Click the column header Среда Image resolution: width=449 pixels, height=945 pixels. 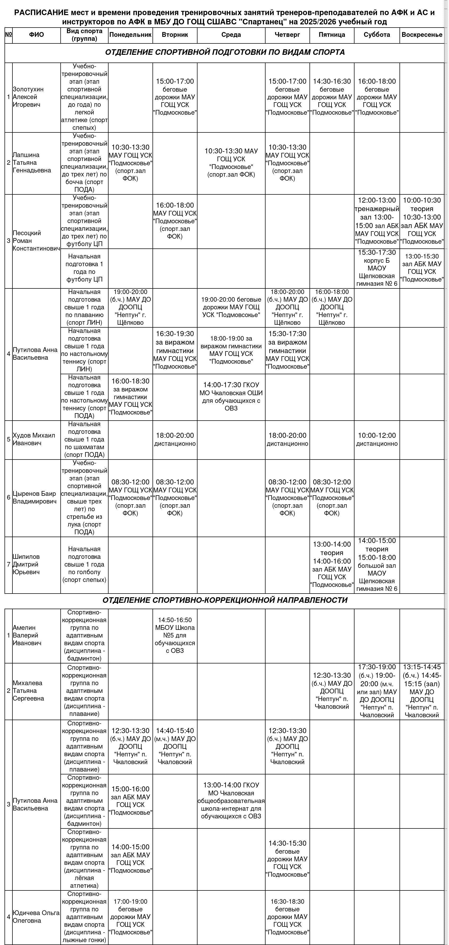click(x=231, y=35)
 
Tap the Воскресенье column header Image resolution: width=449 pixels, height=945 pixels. click(x=422, y=35)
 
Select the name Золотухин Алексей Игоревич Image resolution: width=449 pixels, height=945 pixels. click(x=29, y=97)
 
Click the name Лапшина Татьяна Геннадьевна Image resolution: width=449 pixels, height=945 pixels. click(x=32, y=163)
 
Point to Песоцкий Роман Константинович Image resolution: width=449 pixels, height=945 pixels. click(x=36, y=241)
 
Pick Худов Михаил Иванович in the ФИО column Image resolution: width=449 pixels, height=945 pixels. click(x=34, y=439)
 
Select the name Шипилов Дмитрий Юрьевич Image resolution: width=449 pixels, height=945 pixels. click(x=26, y=564)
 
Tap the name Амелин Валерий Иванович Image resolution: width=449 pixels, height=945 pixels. click(x=27, y=635)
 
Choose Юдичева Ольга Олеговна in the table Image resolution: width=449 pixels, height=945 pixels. click(x=31, y=916)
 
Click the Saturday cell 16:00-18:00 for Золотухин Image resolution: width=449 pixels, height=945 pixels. click(x=377, y=97)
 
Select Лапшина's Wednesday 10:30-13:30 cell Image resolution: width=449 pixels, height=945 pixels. click(x=231, y=163)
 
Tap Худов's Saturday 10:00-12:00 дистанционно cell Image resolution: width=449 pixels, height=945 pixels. click(x=377, y=439)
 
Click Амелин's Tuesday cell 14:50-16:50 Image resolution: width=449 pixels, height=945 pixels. click(x=175, y=635)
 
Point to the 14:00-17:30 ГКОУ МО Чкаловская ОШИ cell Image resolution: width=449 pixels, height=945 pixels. click(x=231, y=396)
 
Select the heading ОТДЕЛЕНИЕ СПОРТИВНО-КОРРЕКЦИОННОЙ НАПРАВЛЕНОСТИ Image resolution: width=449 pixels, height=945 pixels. click(x=224, y=600)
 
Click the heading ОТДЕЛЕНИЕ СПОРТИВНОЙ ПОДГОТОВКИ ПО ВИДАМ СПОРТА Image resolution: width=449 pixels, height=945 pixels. click(x=224, y=52)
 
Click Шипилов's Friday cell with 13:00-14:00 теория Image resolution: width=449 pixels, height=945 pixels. click(x=332, y=564)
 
